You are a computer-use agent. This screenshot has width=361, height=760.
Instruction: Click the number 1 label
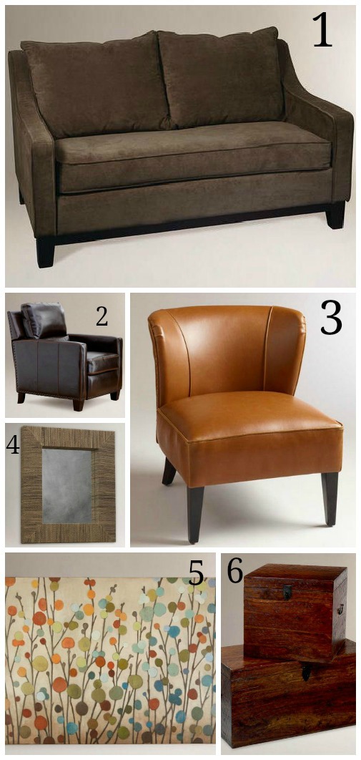pos(322,29)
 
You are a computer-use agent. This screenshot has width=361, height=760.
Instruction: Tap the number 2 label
pos(102,317)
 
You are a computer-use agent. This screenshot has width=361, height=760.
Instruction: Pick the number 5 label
pos(196,575)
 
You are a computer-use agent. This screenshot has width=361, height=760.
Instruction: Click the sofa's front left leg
pos(46,251)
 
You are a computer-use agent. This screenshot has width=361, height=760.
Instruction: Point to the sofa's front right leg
pos(335,215)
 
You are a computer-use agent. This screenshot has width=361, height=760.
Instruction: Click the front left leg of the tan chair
pos(195,514)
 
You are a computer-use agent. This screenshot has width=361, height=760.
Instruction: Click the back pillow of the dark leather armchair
pos(44,321)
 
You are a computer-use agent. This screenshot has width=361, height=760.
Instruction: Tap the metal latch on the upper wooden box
pos(287,592)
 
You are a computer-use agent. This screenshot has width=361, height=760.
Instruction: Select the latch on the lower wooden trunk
pos(306,672)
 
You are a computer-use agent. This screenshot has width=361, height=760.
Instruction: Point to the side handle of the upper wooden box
pos(340,609)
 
